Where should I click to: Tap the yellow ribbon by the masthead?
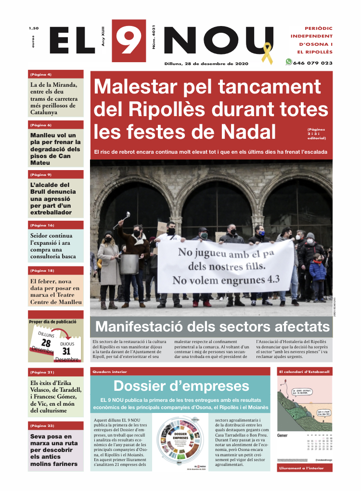[x=266, y=53]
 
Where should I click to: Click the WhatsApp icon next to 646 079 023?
[x=289, y=62]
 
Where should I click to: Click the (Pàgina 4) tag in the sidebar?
[x=41, y=75]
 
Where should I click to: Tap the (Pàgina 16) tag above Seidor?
[x=42, y=225]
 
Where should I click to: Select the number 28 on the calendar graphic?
[x=46, y=343]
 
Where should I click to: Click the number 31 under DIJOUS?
[x=66, y=352]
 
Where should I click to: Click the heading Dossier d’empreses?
[x=181, y=386]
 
